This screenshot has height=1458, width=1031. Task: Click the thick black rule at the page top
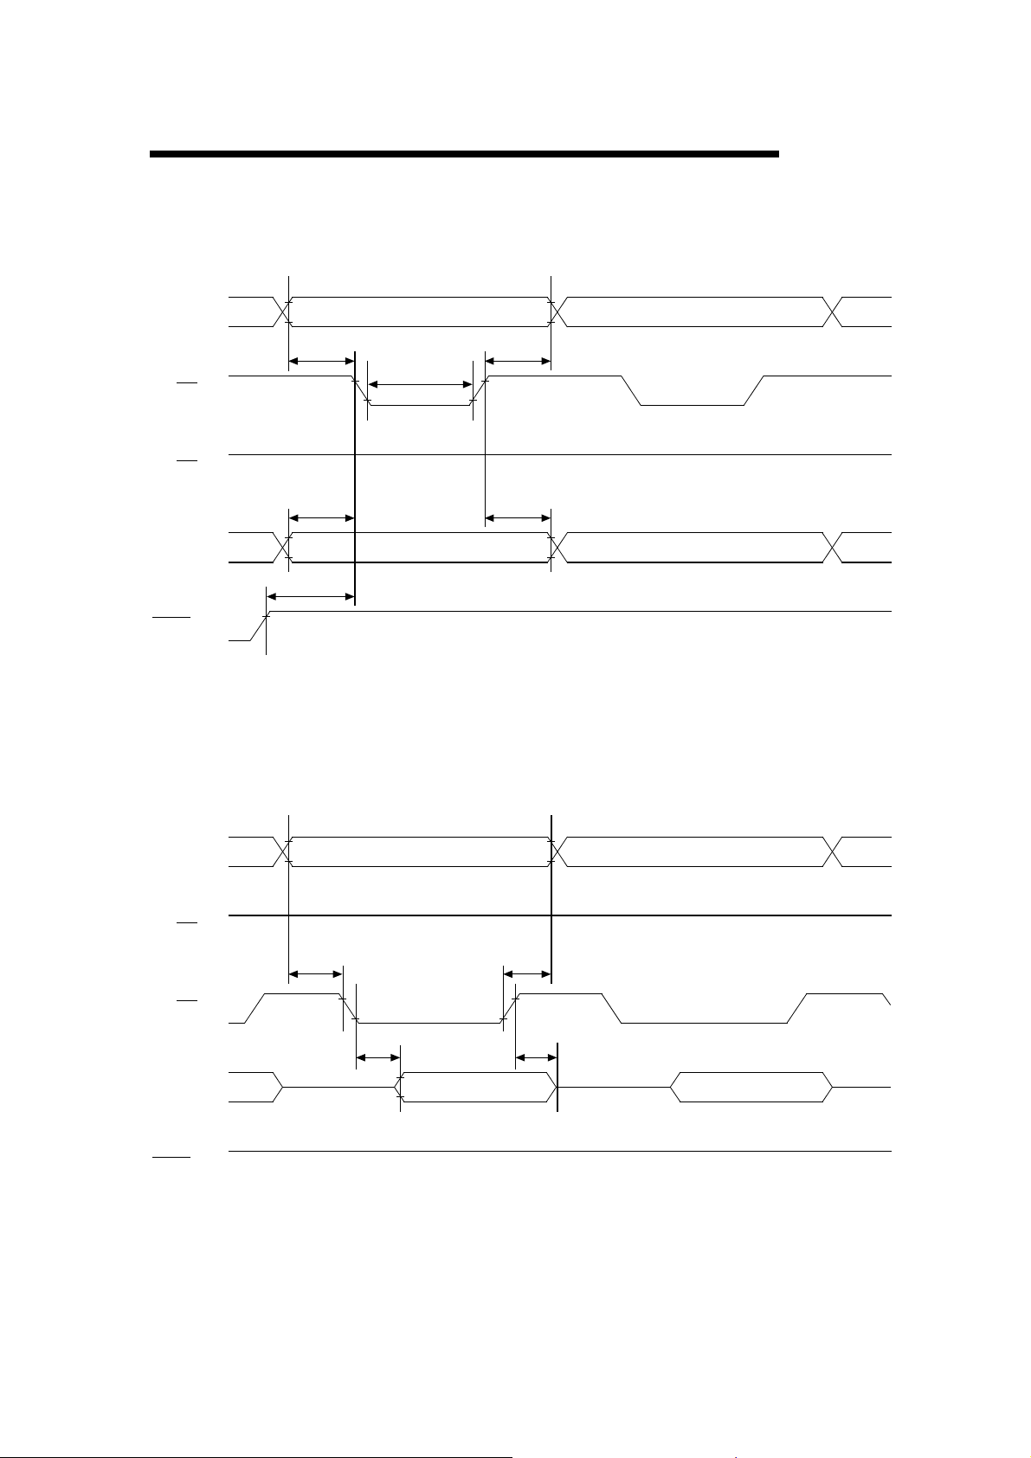(x=464, y=154)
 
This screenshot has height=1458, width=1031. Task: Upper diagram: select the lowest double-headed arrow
(x=310, y=596)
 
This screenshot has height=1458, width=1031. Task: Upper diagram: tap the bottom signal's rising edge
(x=259, y=626)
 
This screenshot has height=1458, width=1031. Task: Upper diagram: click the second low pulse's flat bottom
(x=693, y=405)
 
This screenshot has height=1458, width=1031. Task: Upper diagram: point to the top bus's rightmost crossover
(x=833, y=312)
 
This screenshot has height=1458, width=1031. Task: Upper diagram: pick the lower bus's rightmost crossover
(x=833, y=547)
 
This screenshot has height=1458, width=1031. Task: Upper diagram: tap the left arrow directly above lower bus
(x=321, y=518)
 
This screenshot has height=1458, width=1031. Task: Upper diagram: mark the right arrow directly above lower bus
(x=518, y=518)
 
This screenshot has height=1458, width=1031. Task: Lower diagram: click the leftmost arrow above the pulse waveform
(x=315, y=974)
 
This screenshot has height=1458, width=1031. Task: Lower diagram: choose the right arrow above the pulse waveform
(x=527, y=974)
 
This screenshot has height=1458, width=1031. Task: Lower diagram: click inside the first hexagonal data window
(x=476, y=1087)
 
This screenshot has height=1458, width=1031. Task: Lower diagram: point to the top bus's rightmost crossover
(x=833, y=852)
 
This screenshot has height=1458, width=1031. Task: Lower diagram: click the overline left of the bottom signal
(x=171, y=1156)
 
